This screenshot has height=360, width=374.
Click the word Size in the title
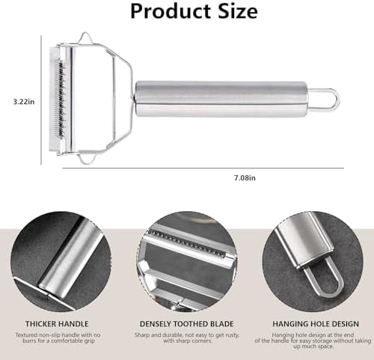click(232, 12)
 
